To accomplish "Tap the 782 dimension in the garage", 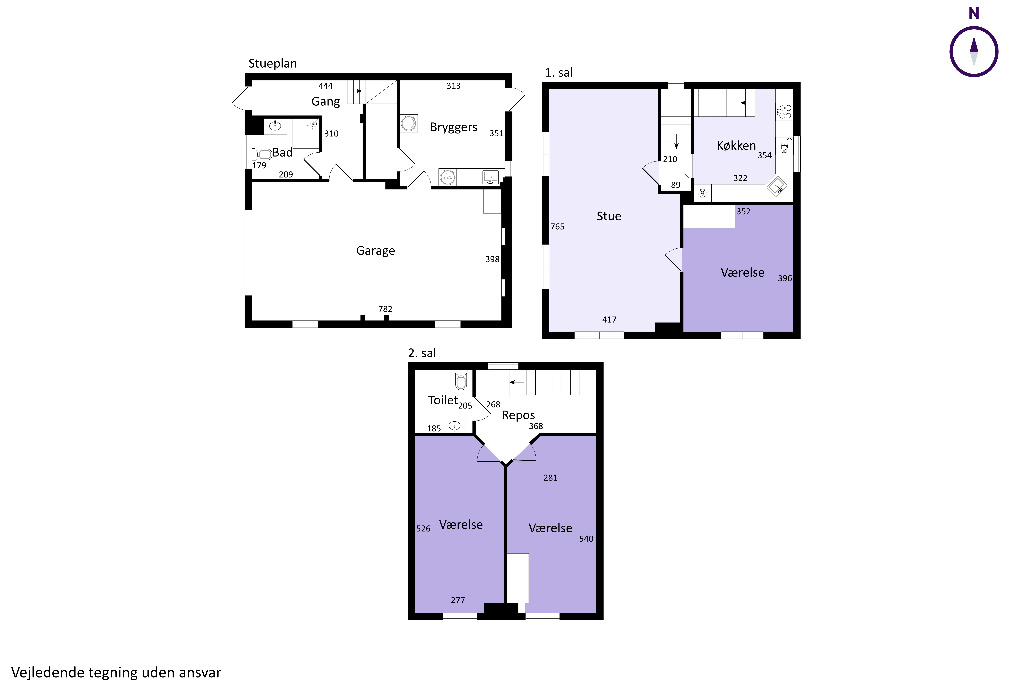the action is tap(385, 309).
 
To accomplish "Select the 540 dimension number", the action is tap(586, 539).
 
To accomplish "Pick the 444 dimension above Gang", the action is tap(326, 86).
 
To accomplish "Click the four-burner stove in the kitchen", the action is tap(785, 111).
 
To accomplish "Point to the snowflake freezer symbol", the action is tap(702, 193).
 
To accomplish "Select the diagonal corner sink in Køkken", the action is tap(777, 186).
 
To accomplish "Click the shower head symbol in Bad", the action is tap(313, 124).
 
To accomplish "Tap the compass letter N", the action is tap(974, 14).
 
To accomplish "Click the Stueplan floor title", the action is tap(272, 64).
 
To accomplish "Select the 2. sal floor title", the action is tap(422, 353).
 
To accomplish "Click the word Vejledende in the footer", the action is tap(47, 673).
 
